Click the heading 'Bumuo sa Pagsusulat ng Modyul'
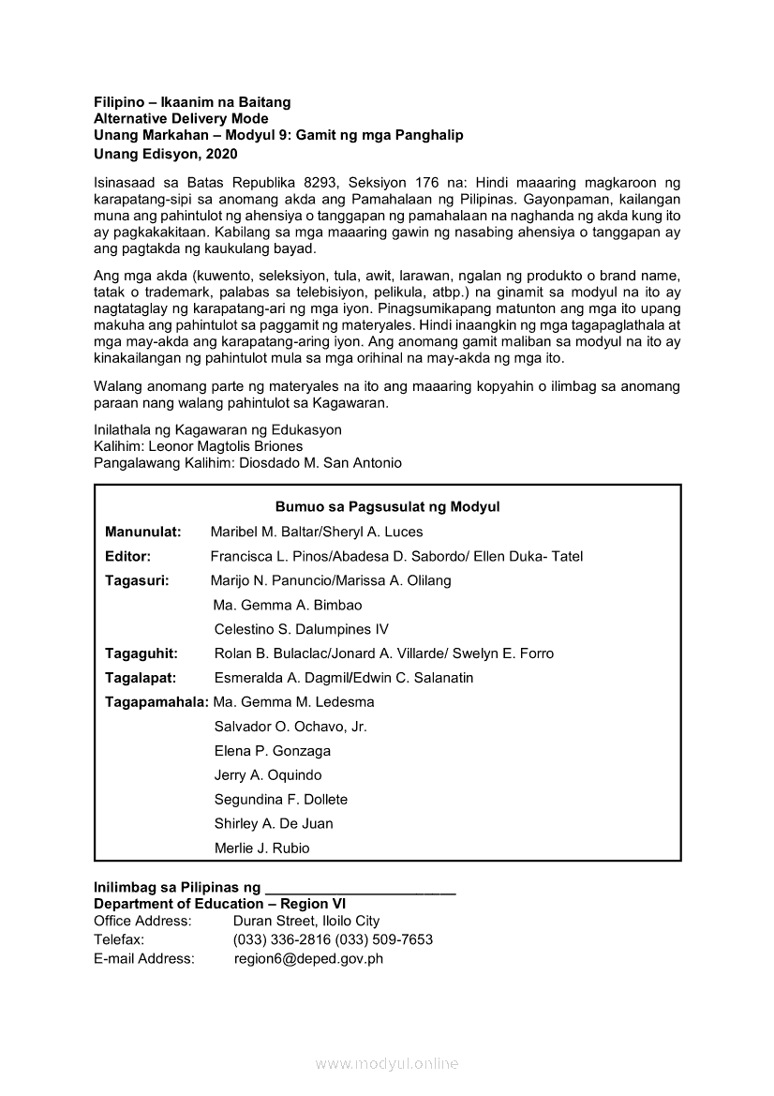[387, 507]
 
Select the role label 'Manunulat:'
[143, 532]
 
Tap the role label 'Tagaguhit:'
[141, 653]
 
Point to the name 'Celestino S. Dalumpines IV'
[301, 629]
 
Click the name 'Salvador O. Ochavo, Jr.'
[290, 727]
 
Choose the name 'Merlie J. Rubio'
[261, 848]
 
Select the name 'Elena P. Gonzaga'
[272, 751]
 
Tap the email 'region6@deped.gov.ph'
[308, 959]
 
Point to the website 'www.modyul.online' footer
[387, 1064]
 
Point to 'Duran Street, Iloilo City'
[306, 922]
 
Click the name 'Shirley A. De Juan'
[274, 824]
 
